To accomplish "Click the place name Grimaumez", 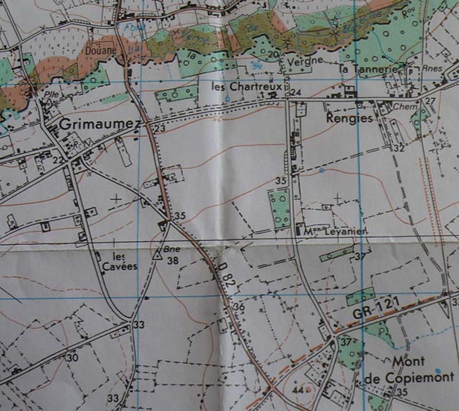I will click(101, 123).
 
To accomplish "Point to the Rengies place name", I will click(349, 119).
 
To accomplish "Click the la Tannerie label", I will click(364, 69).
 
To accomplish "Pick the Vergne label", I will click(303, 61).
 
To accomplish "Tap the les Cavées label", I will click(124, 260).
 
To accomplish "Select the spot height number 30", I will click(72, 358).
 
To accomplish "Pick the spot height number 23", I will click(160, 128).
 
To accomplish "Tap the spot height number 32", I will click(399, 148).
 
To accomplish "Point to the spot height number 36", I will click(238, 306).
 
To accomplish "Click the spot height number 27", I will click(430, 101).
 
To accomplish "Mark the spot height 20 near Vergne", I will click(273, 54).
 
